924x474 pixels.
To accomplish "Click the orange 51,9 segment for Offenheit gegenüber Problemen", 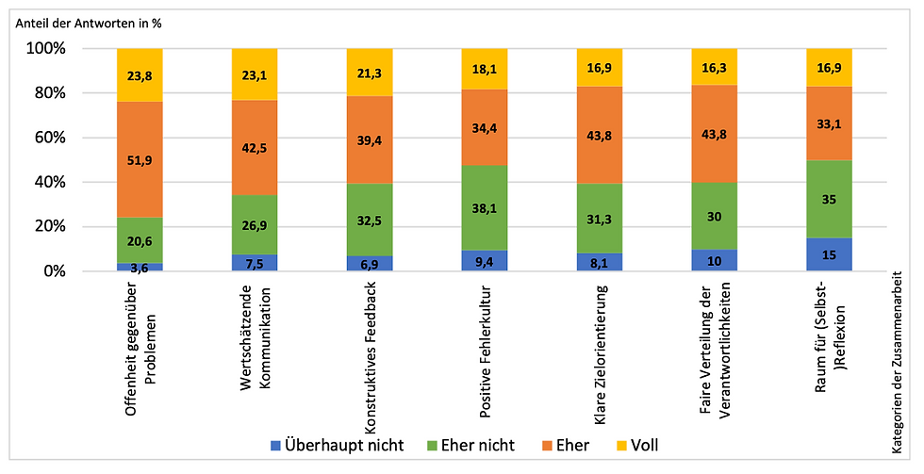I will click(x=140, y=159).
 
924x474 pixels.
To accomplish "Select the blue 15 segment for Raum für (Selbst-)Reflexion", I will click(x=830, y=254).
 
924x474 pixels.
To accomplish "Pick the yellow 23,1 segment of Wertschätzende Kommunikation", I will click(x=255, y=74).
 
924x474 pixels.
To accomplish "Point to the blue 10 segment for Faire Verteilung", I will click(x=715, y=260).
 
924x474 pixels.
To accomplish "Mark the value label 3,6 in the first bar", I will click(x=140, y=267).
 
